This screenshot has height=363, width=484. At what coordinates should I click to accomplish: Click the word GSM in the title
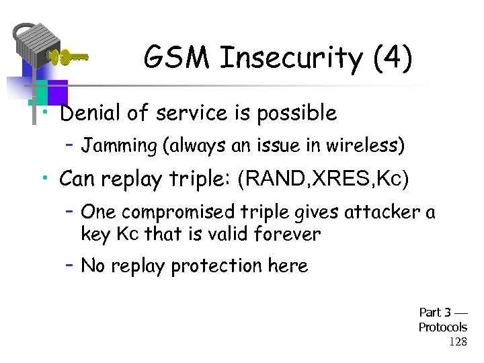tap(177, 58)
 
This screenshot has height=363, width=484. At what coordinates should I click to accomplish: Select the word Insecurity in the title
tap(290, 58)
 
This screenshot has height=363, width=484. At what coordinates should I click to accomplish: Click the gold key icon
tap(68, 57)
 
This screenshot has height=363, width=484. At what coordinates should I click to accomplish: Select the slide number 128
tap(457, 341)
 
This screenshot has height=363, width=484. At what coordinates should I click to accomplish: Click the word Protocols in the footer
tap(442, 327)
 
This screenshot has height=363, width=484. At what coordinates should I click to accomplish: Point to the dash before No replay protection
tap(69, 265)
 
